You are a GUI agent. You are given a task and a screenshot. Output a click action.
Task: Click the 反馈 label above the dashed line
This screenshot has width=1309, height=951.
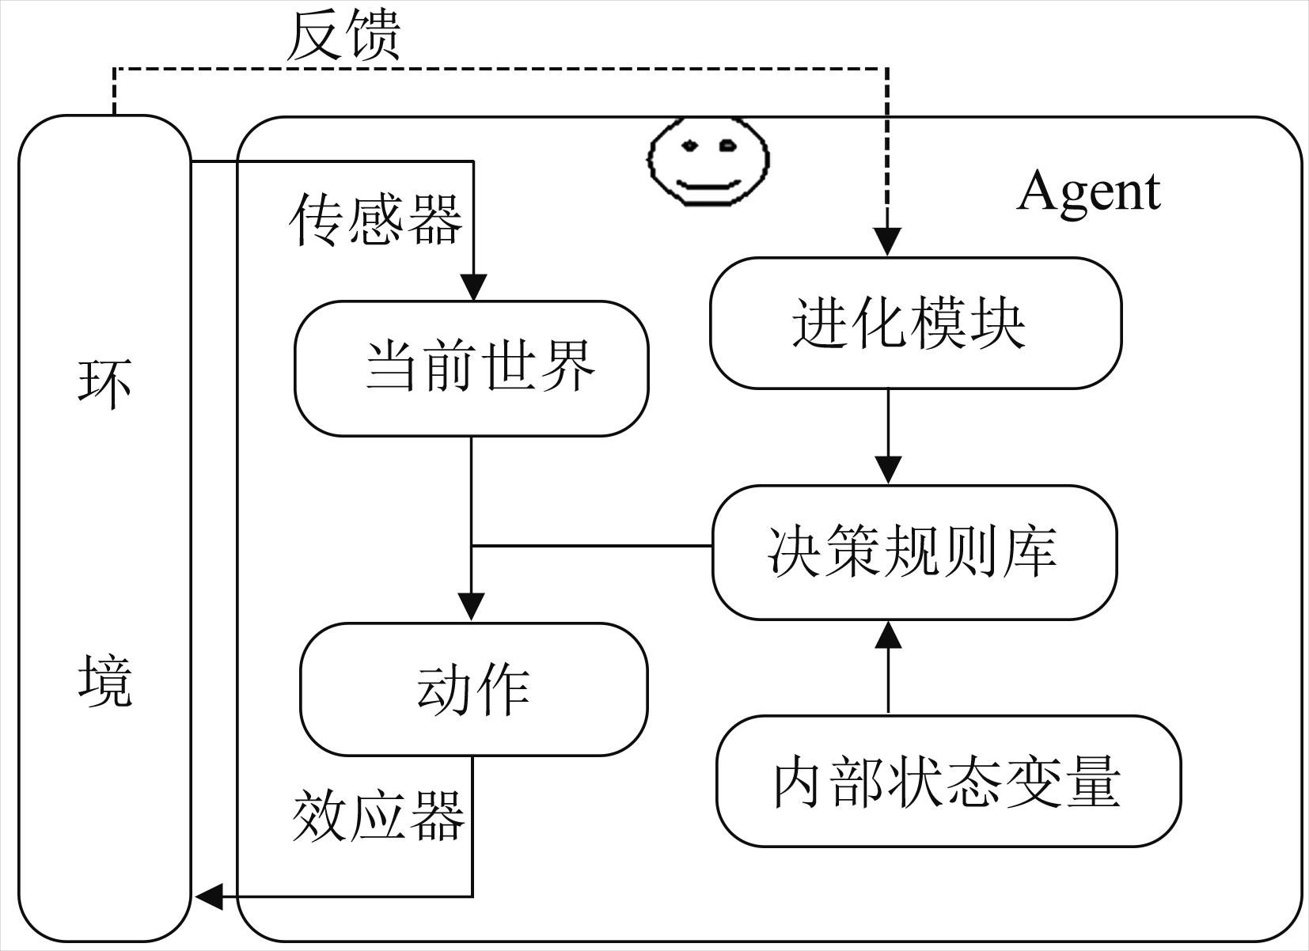coord(343,36)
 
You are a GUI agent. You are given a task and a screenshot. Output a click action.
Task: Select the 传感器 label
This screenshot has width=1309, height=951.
coord(375,220)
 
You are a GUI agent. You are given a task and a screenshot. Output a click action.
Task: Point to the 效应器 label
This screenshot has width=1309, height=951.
coord(378,816)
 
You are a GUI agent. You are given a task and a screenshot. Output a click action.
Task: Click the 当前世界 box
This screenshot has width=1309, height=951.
coord(472,369)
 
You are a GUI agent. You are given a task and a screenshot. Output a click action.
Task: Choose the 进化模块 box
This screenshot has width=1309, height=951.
coord(916,323)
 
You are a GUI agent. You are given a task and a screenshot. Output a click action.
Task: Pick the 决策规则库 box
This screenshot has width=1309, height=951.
coord(915,552)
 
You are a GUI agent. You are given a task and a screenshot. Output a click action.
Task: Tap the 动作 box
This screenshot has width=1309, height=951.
coord(474,689)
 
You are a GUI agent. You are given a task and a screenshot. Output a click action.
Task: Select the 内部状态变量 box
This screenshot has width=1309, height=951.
coord(949,781)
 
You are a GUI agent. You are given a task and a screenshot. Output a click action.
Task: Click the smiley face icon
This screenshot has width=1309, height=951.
coord(708,161)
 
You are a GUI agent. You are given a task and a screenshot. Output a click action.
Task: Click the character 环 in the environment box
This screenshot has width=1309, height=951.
coord(104,384)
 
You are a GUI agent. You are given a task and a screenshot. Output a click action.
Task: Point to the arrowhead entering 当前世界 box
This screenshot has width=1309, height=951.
coord(473,287)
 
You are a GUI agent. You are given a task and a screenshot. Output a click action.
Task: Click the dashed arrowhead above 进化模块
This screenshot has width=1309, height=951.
coord(887,242)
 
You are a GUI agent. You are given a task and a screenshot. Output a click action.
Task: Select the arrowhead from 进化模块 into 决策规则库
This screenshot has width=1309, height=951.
coord(888,470)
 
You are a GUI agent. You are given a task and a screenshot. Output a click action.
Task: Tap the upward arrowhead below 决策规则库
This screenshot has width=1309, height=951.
coord(888,635)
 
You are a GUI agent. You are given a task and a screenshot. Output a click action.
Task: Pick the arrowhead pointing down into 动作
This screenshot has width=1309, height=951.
coord(472,608)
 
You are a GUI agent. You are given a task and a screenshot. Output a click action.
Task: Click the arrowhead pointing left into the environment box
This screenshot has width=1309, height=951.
coord(209,896)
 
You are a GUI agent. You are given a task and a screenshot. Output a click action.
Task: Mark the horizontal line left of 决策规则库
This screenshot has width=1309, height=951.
coord(591,546)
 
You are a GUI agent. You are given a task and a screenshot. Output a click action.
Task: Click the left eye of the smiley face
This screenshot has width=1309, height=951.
coord(690,145)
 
